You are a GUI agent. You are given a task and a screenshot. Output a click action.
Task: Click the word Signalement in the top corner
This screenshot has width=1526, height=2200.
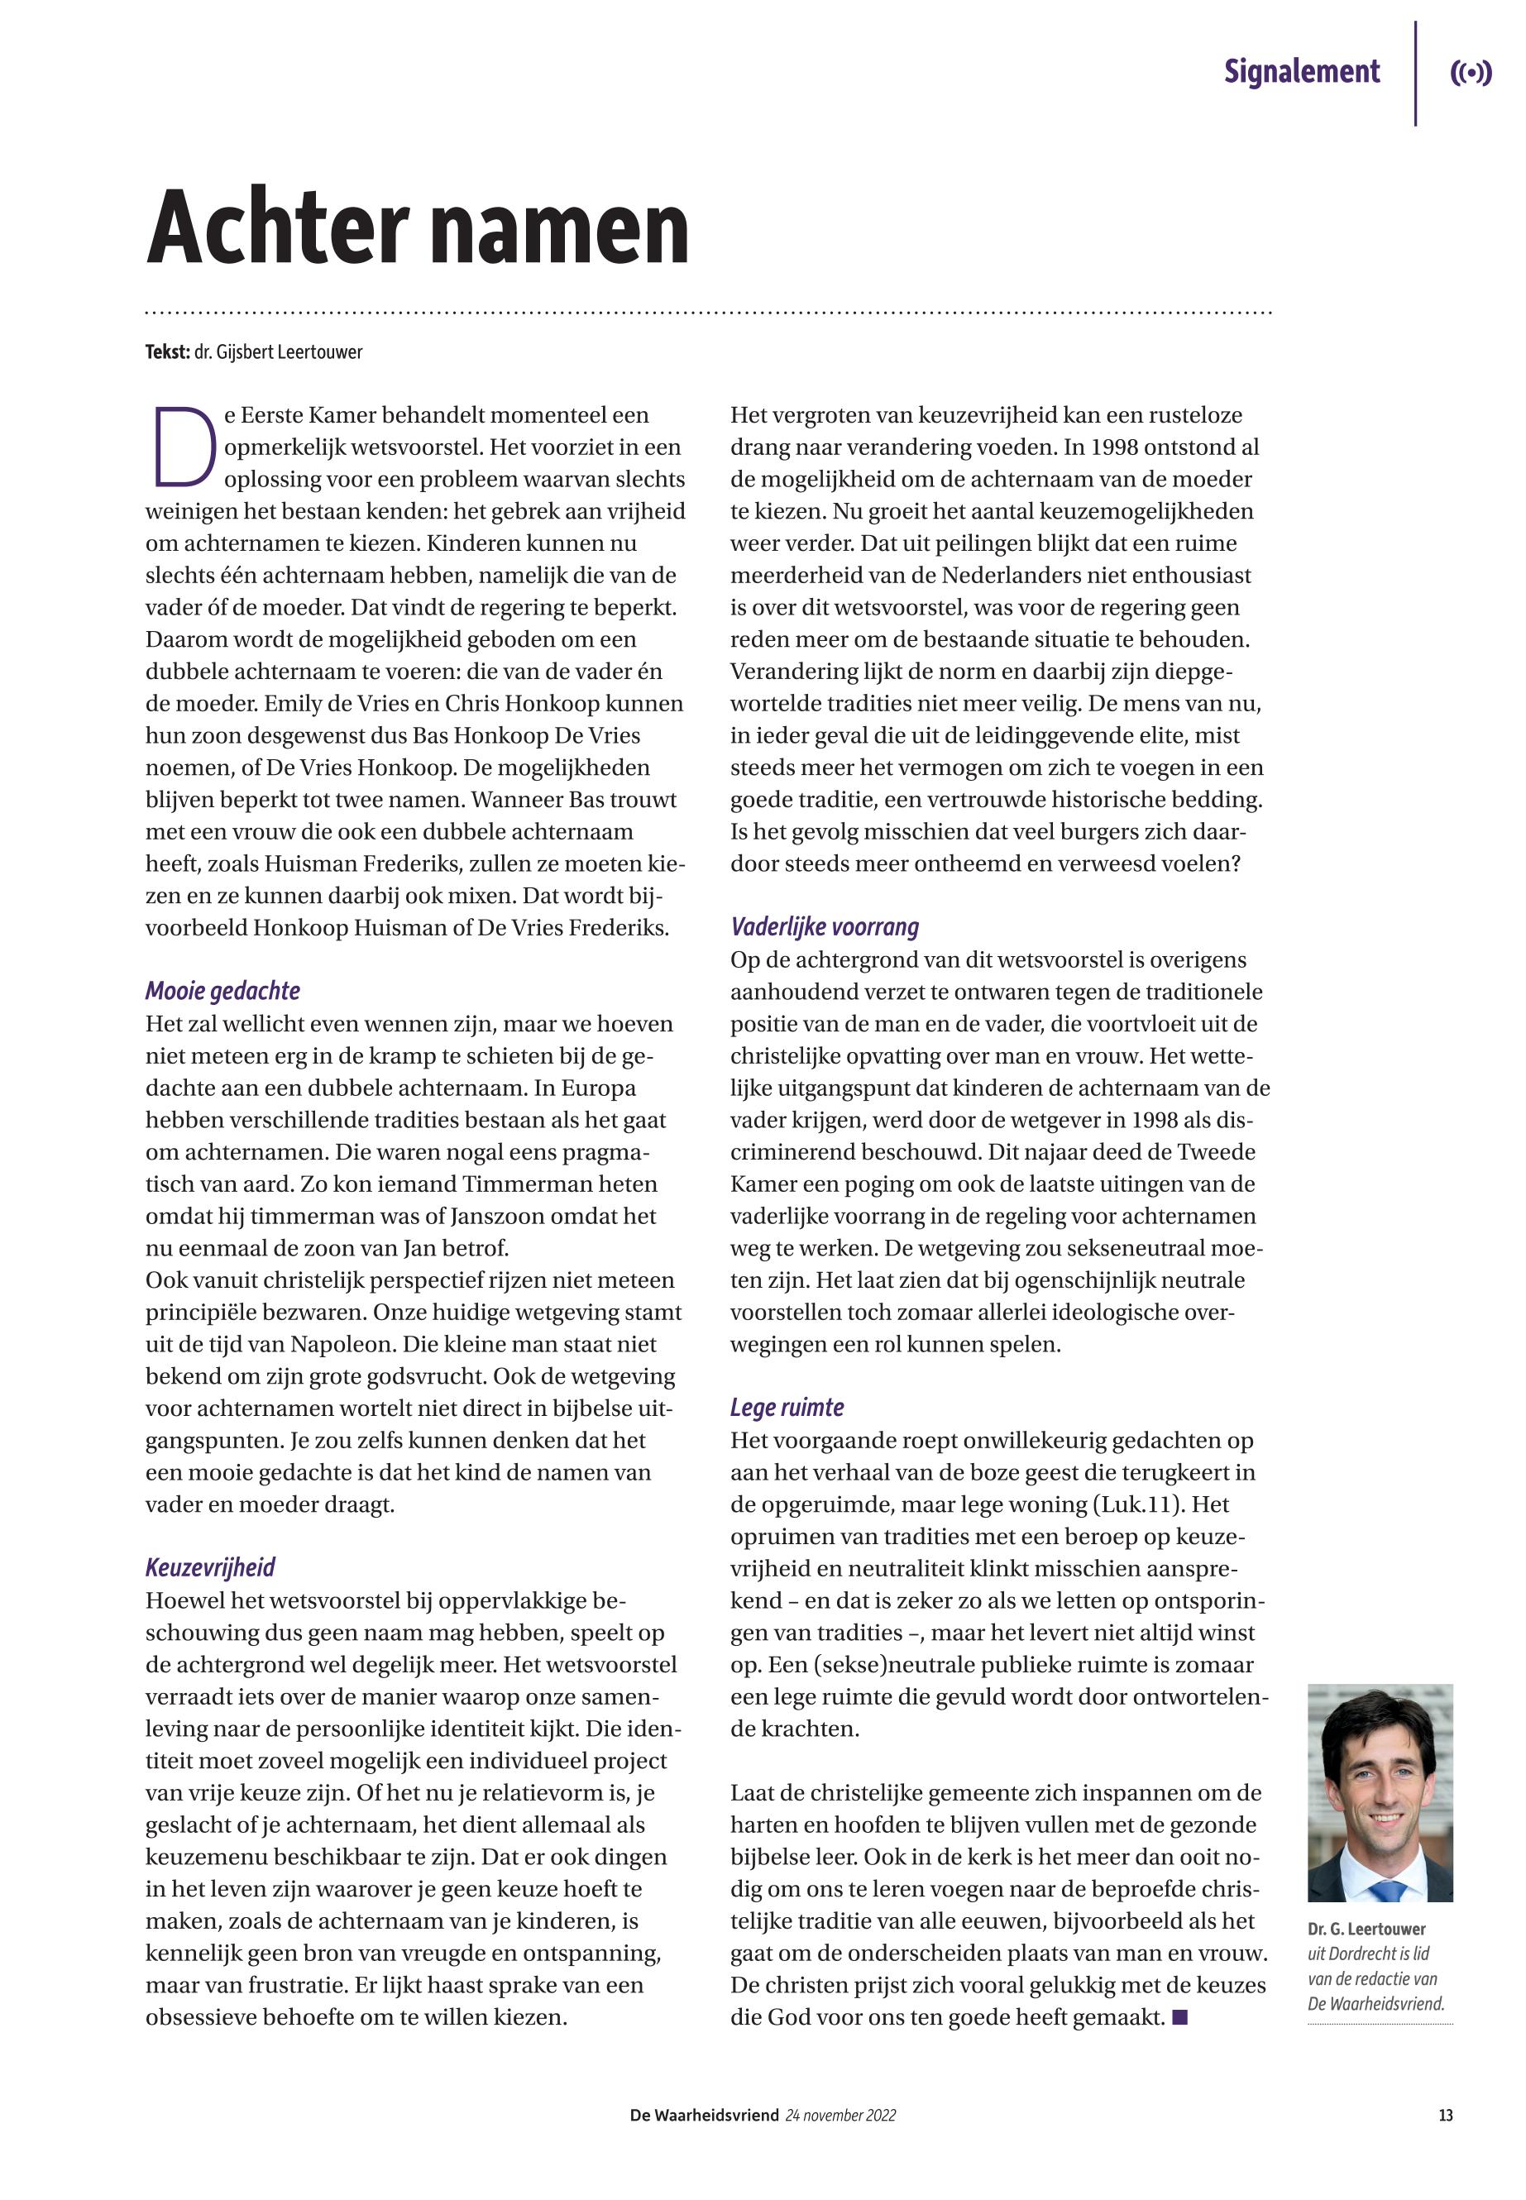tap(1301, 72)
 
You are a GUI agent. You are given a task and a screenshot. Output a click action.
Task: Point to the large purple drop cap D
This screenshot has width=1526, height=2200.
tap(182, 447)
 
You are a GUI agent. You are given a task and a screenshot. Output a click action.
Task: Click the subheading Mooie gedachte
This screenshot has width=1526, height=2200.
tap(222, 991)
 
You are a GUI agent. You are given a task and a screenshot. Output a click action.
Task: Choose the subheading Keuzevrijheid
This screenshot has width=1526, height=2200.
tap(210, 1567)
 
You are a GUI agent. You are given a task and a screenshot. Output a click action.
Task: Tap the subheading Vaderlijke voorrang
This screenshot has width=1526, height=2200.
tap(824, 926)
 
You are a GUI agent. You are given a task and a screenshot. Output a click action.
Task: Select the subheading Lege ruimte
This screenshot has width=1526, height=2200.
tap(787, 1408)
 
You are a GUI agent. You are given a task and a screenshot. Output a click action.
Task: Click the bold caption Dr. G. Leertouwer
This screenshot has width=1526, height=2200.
tap(1366, 1930)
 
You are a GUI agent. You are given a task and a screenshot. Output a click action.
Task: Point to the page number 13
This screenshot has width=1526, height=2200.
tap(1445, 2116)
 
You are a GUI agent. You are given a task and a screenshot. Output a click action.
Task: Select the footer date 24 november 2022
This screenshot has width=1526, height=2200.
tap(840, 2116)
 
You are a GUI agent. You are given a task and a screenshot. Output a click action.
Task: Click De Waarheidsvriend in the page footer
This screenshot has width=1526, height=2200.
tap(705, 2116)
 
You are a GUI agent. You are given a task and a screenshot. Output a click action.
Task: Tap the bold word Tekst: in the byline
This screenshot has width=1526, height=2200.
tap(167, 352)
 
